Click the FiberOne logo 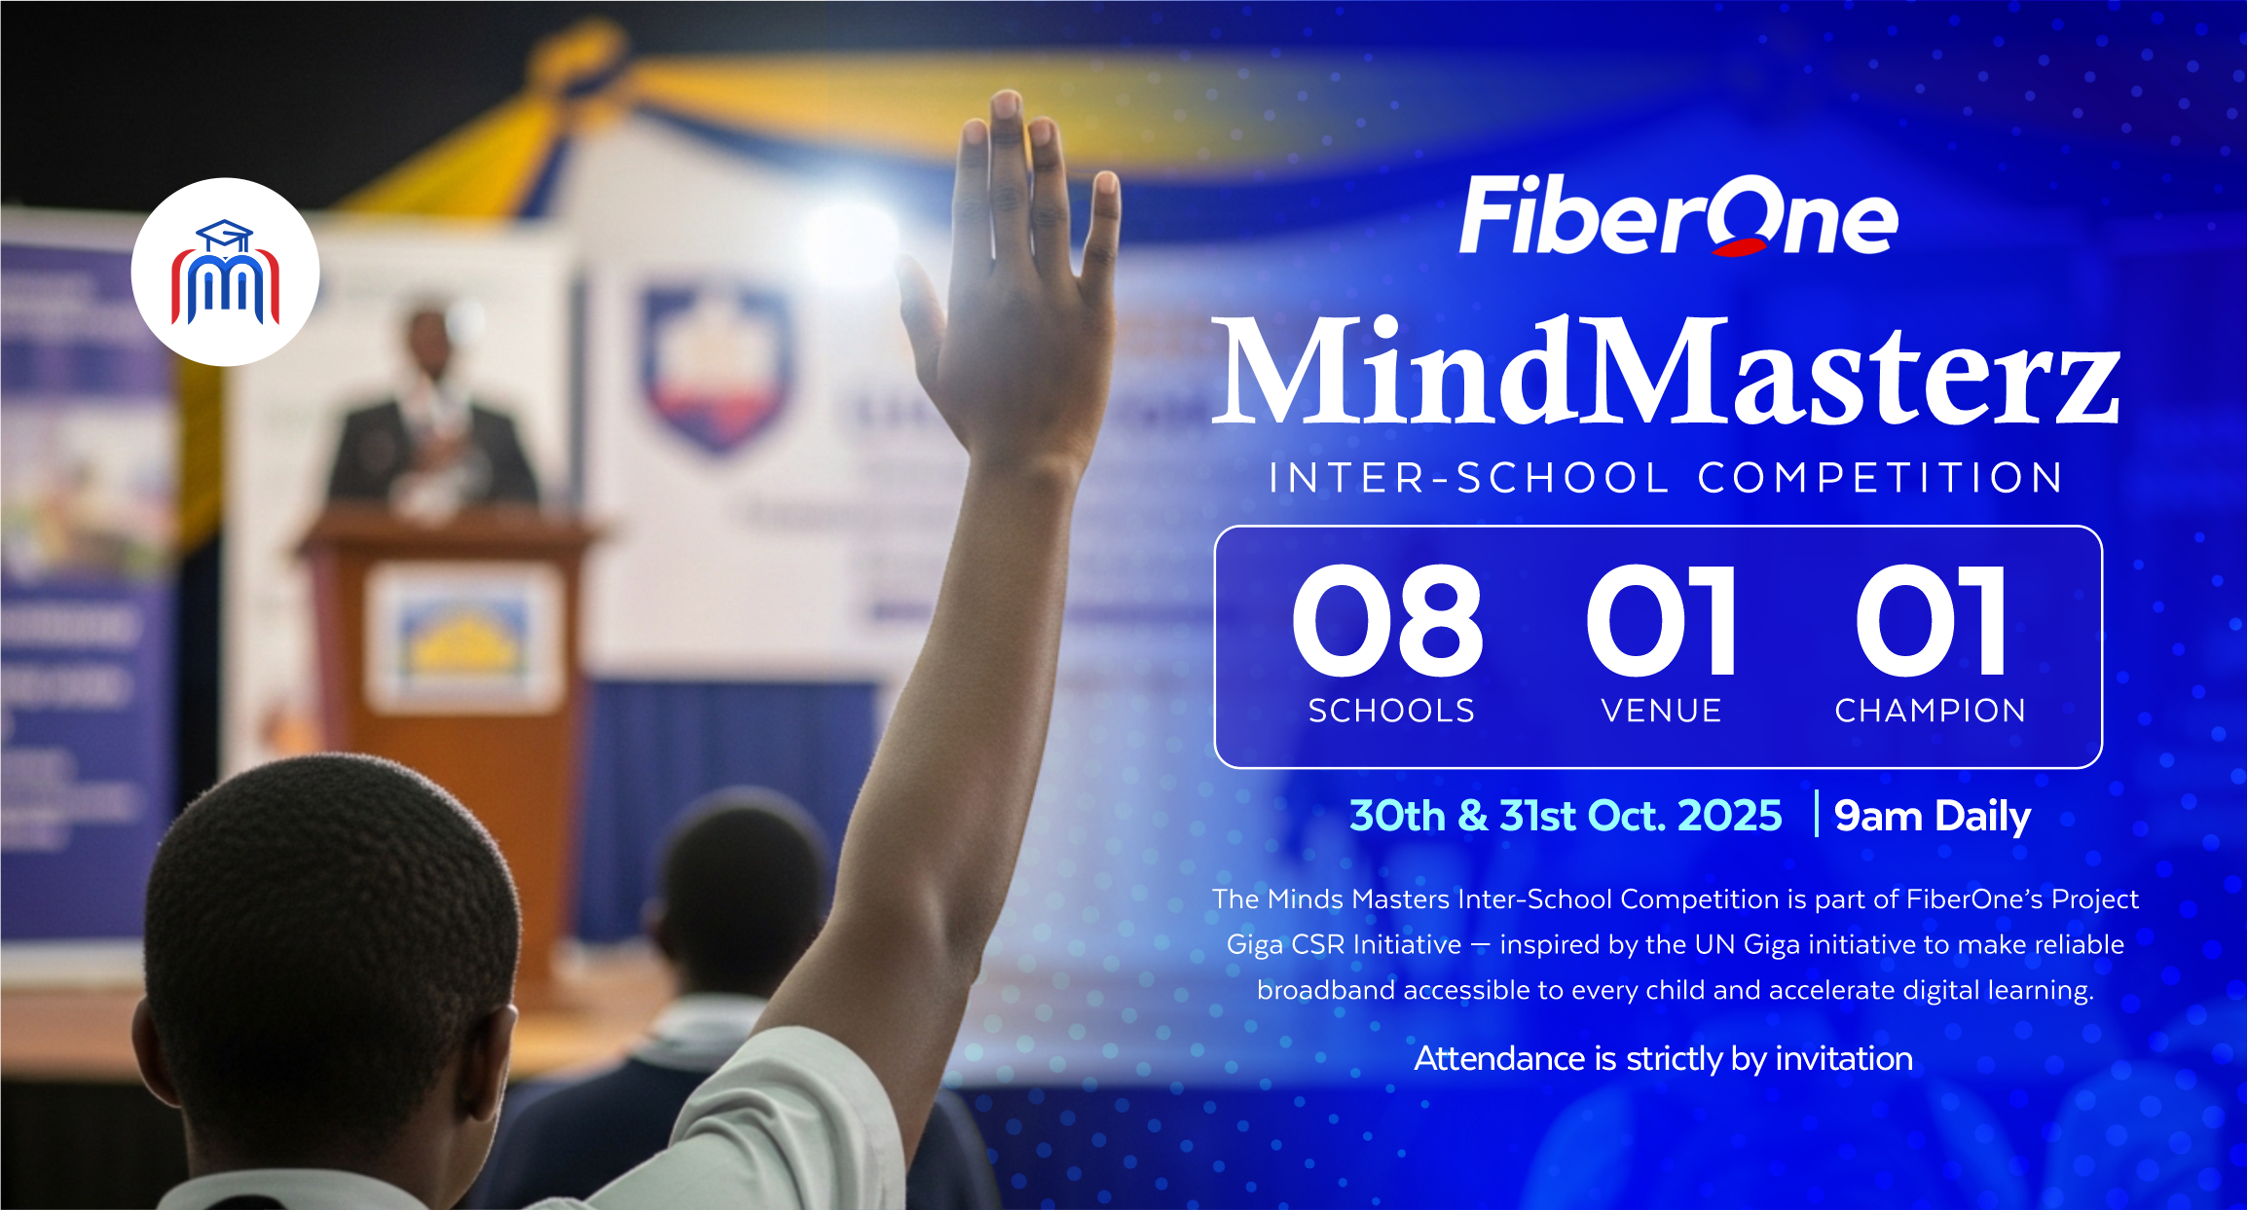point(1678,216)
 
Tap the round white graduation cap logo point(225,272)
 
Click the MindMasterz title point(1666,373)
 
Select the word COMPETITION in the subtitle point(1880,478)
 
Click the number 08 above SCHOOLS point(1387,621)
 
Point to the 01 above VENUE point(1661,621)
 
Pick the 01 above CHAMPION point(1930,621)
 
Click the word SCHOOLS point(1391,711)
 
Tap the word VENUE point(1661,711)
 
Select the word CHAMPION point(1930,711)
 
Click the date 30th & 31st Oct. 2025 point(1566,816)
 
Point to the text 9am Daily point(1932,816)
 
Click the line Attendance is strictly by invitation point(1663,1058)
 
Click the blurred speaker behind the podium point(428,419)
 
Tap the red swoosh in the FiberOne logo point(1740,246)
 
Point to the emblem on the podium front point(464,638)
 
